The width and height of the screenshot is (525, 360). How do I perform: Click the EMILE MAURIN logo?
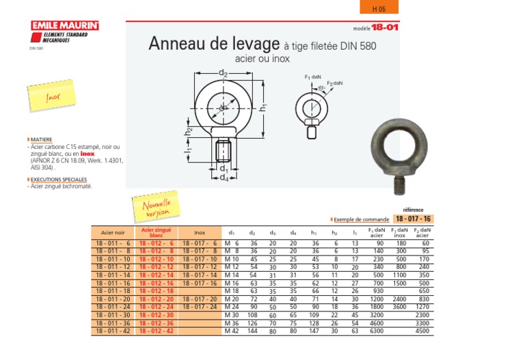tap(65, 26)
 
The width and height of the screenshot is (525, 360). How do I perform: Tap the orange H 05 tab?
tap(379, 8)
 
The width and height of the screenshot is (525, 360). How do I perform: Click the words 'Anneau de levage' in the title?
tap(214, 44)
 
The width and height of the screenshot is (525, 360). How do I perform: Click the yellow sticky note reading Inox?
tap(53, 97)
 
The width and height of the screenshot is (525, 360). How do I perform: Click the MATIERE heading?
tap(42, 139)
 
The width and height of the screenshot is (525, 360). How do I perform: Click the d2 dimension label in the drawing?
tap(223, 73)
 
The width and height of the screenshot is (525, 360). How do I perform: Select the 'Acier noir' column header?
tap(113, 233)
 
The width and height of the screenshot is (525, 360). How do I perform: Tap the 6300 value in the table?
tap(377, 331)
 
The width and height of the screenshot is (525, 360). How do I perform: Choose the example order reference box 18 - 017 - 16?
tap(413, 219)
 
